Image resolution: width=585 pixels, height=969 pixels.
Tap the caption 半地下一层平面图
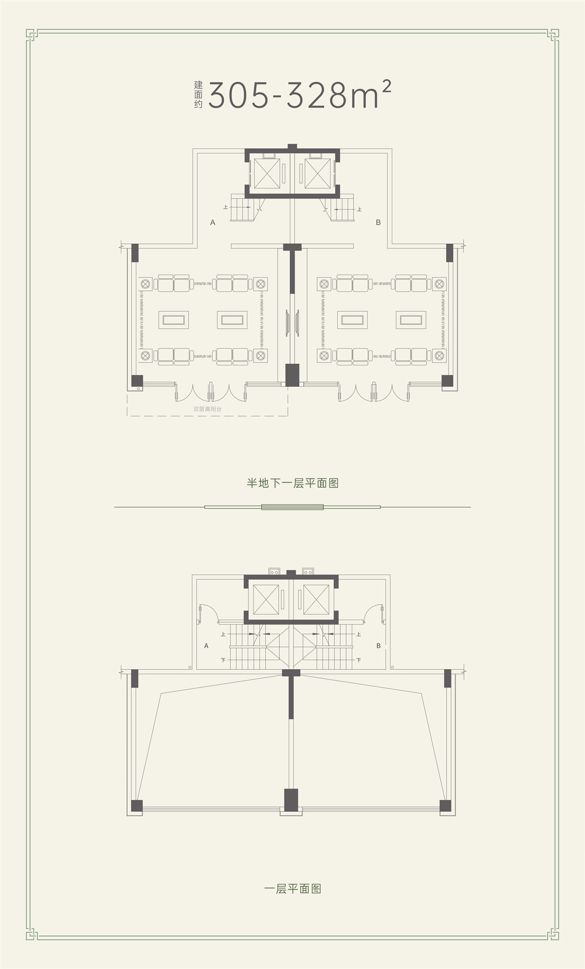coord(292,483)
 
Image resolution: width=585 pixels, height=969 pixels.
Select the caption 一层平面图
coord(292,888)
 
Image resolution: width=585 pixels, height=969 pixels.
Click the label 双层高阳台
coord(207,409)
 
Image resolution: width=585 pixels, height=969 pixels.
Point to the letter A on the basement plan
coord(213,222)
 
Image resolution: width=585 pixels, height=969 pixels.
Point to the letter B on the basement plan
coord(378,222)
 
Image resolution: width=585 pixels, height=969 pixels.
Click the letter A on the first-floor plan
coord(206,646)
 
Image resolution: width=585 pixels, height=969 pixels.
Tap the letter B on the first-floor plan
coord(378,646)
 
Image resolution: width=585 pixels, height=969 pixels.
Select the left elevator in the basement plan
coord(266,173)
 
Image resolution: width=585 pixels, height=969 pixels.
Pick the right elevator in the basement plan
coord(318,173)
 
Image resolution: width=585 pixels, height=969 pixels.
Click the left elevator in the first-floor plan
coord(266,599)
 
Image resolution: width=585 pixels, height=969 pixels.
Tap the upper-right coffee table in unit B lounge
coord(411,320)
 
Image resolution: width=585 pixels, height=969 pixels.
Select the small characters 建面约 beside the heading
coord(198,94)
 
